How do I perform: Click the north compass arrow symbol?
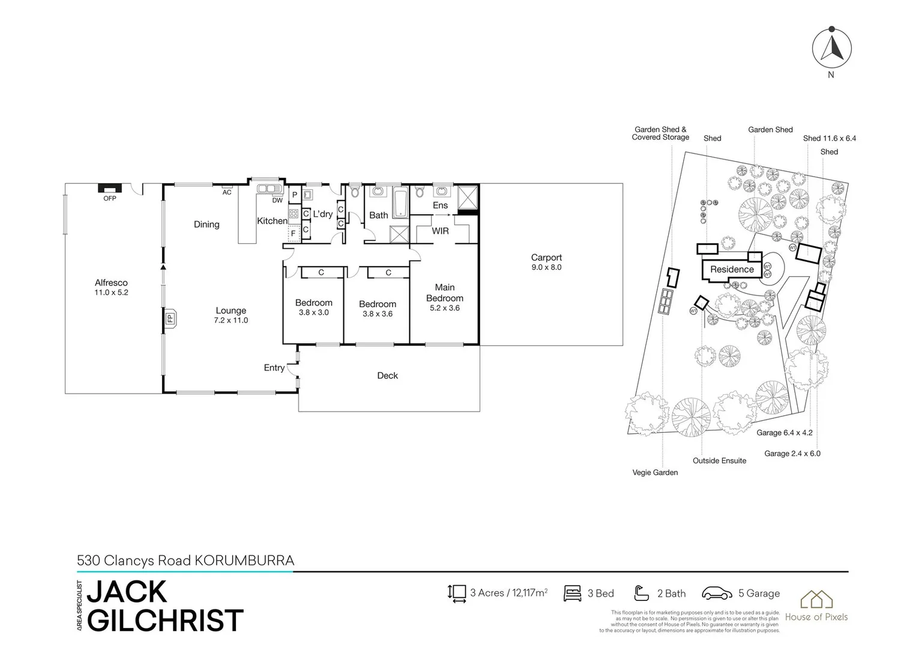click(831, 47)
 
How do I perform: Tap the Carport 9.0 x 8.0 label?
click(546, 262)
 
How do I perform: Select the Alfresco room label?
click(111, 287)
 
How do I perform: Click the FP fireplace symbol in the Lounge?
click(170, 318)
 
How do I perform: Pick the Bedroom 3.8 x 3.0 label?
click(313, 307)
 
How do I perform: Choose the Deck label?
click(387, 376)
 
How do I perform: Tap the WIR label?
click(440, 231)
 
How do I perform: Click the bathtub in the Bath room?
click(400, 203)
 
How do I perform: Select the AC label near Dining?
click(227, 192)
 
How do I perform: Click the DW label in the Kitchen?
click(277, 201)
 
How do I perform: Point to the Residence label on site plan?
click(732, 269)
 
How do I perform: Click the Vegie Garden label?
click(655, 472)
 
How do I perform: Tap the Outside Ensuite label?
click(719, 461)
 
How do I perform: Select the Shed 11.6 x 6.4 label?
click(830, 138)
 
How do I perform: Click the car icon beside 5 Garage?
click(717, 593)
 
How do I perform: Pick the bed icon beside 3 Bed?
click(572, 593)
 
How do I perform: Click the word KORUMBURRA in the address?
click(244, 561)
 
